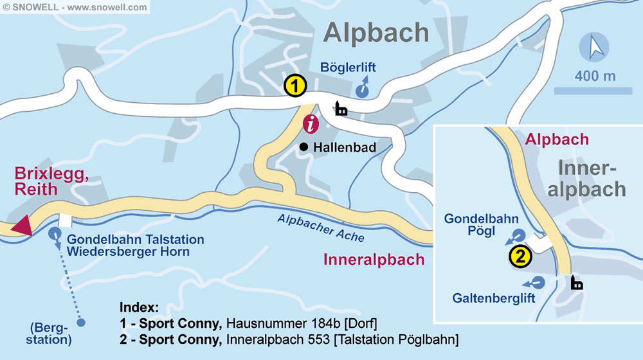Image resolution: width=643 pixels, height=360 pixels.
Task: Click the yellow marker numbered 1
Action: (x=295, y=85)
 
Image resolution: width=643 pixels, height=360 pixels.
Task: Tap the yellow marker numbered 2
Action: (x=520, y=256)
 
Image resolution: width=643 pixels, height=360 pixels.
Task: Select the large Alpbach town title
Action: (x=376, y=32)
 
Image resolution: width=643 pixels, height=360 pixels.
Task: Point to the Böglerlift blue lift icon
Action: (x=363, y=89)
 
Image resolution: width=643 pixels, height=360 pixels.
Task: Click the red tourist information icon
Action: (x=311, y=124)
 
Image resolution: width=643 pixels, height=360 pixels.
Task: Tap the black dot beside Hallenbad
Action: (x=303, y=147)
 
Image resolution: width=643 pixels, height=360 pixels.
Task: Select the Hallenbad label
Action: (x=344, y=147)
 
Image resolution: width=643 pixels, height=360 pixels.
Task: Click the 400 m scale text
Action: (x=595, y=76)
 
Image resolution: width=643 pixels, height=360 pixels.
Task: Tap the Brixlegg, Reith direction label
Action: (x=51, y=181)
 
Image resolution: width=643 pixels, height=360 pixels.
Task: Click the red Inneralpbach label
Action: (x=374, y=260)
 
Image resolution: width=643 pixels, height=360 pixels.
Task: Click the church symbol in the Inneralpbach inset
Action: (x=577, y=282)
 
